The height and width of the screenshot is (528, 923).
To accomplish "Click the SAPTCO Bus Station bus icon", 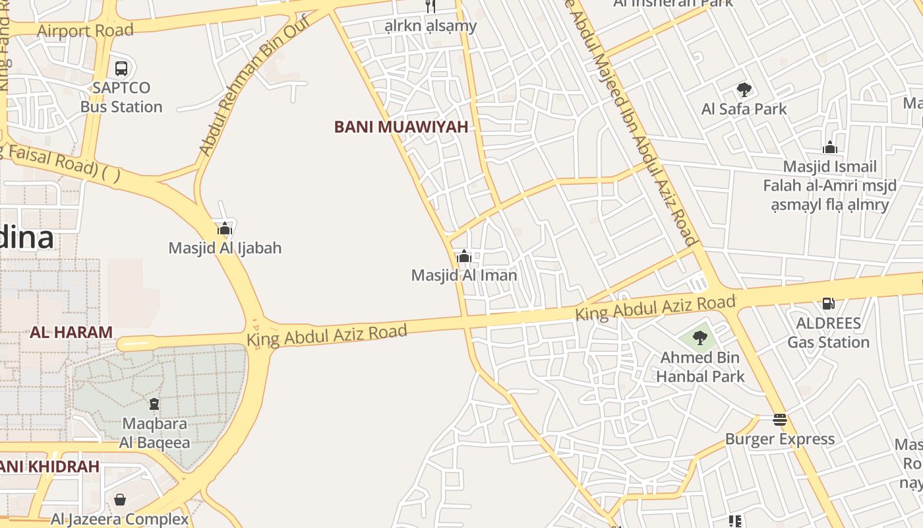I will (121, 68).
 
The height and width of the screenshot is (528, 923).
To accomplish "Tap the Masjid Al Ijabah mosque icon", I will (225, 229).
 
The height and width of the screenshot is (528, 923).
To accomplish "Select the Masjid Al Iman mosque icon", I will (463, 256).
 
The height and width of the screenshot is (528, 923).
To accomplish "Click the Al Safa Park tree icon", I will (744, 90).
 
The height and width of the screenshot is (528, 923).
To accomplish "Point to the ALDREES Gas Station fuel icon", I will (829, 304).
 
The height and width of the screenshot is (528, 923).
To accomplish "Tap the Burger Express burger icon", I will (780, 420).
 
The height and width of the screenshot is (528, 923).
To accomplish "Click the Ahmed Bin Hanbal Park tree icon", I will (700, 339).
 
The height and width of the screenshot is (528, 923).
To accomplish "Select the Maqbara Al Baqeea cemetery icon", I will (154, 404).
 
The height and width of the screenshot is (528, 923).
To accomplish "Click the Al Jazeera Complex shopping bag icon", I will (120, 500).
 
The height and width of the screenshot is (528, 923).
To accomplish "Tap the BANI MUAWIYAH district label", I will (401, 127).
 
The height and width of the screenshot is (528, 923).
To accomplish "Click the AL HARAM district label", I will (71, 332).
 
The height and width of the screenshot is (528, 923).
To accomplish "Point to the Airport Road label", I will (85, 30).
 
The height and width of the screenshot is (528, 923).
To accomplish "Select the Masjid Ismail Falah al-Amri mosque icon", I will (830, 147).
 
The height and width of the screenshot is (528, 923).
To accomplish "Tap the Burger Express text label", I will (780, 439).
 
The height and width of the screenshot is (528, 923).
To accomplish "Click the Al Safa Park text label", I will (744, 109).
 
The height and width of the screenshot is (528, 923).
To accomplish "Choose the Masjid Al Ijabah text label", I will (225, 248).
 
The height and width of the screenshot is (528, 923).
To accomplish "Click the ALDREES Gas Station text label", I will (829, 333).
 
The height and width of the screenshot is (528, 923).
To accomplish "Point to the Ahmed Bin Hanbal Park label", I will (700, 367).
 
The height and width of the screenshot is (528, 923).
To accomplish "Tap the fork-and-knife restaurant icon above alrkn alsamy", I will (431, 7).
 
